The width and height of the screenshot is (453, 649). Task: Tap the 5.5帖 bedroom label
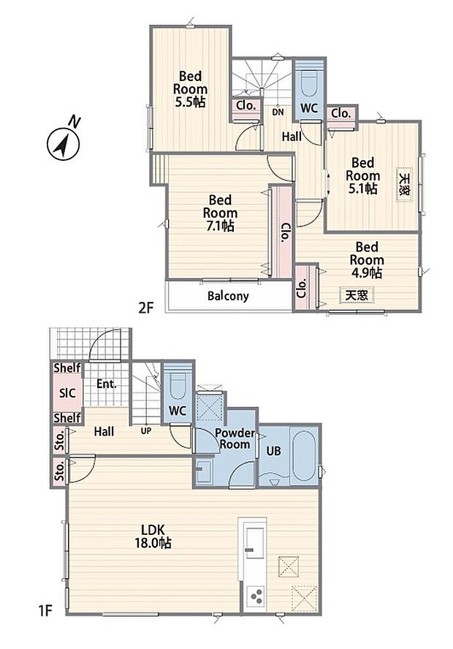190,89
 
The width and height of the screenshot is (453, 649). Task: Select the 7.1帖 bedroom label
220,213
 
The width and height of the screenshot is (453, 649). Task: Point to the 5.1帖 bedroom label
363,175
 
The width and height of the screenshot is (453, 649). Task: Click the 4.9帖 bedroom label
367,260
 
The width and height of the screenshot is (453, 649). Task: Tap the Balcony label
229,296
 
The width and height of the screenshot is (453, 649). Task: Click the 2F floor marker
146,308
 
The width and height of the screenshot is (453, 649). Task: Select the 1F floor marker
46,610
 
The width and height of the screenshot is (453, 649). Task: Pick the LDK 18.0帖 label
153,536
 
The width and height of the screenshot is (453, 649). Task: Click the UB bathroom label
273,451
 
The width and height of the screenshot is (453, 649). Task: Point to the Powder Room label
235,439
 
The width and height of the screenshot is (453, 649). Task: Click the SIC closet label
67,392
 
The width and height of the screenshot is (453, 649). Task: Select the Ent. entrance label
107,384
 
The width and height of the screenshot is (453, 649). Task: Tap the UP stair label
146,431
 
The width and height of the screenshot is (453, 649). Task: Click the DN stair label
278,112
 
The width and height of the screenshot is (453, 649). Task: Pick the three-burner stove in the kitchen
255,597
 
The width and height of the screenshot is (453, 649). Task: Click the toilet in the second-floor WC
308,85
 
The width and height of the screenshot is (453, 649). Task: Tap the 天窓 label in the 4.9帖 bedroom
357,295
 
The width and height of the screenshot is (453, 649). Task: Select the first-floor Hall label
104,432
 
